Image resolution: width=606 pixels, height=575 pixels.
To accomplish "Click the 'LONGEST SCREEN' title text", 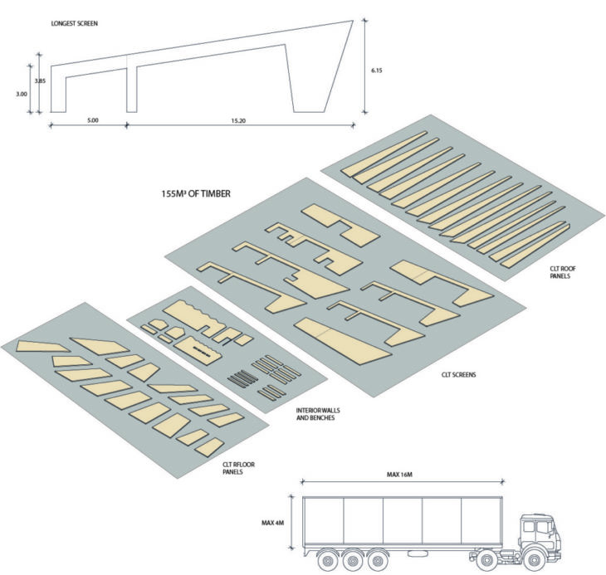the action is tap(74, 23).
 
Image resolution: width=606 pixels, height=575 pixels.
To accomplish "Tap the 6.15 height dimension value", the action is tap(376, 71).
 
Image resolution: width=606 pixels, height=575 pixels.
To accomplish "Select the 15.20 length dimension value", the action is tap(238, 120).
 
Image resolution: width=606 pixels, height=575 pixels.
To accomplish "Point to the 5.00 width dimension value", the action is tap(93, 120).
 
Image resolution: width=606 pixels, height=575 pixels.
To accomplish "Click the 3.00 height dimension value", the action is tap(22, 94).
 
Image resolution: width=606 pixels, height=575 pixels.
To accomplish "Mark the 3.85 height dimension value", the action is tap(40, 81).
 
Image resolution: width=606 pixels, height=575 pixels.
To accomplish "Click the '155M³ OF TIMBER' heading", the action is tap(196, 193).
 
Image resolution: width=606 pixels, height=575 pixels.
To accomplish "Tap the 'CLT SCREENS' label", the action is tap(459, 374).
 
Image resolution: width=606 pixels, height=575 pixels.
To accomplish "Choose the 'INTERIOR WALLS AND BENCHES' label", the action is tap(318, 414).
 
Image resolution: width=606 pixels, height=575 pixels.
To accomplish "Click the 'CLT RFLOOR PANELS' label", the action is tap(238, 468).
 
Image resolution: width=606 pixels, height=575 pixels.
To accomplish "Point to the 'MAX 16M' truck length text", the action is tap(399, 475).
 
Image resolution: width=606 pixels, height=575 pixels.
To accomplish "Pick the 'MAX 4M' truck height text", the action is tap(272, 523).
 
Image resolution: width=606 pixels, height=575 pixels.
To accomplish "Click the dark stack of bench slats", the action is tap(242, 378).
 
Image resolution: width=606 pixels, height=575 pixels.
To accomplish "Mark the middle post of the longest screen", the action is tap(132, 90).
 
